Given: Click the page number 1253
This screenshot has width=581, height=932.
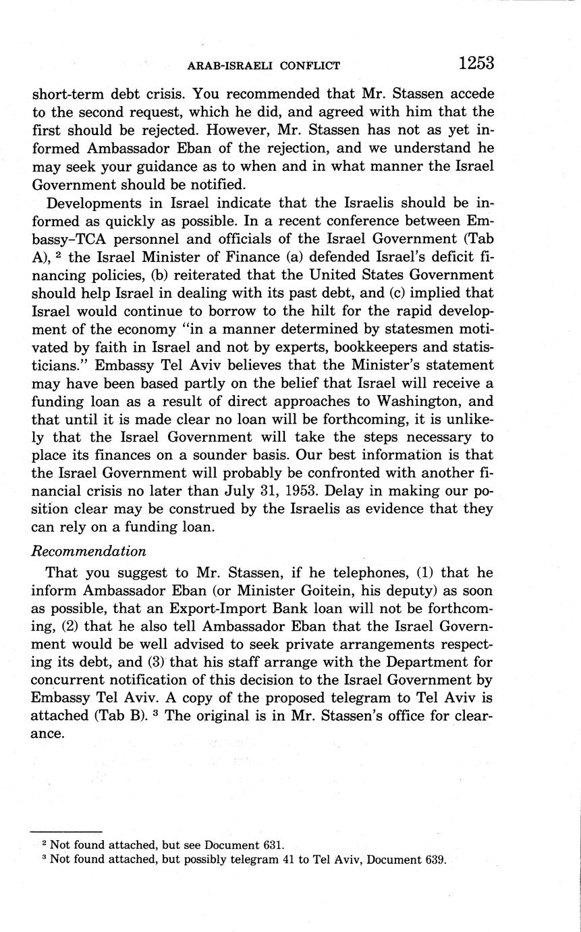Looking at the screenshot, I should (x=476, y=63).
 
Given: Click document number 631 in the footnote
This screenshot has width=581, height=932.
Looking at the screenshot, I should (x=274, y=845).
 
